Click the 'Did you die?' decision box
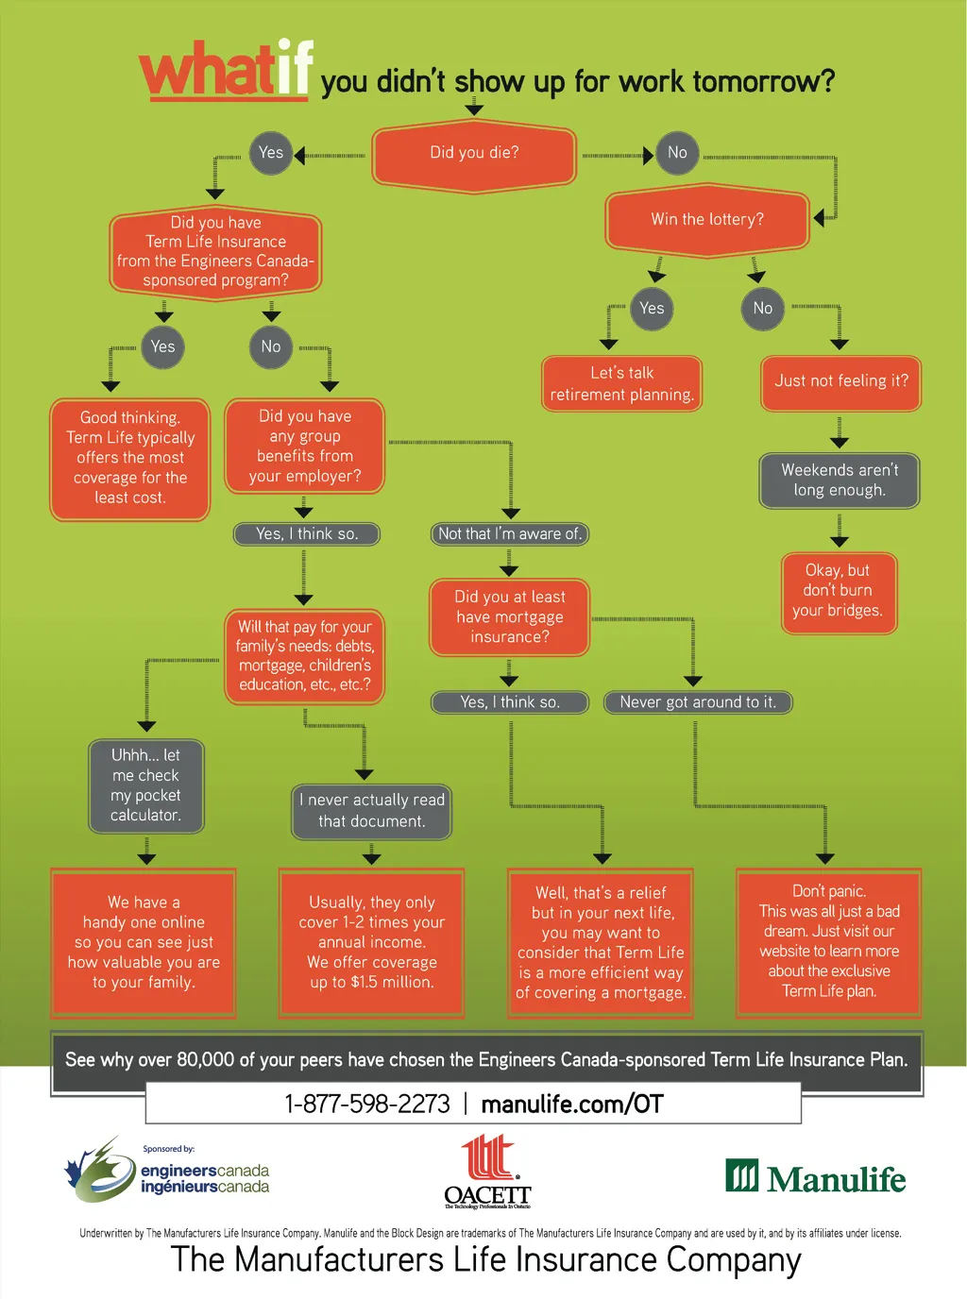474,154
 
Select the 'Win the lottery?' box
707,220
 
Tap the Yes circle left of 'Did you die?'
270,153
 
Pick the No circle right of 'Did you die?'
677,153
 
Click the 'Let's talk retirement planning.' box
621,384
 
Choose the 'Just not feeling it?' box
840,381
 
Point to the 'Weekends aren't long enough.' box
840,481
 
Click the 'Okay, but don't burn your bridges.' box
839,591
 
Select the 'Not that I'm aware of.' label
510,534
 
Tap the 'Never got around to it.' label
698,702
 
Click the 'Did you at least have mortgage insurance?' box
510,617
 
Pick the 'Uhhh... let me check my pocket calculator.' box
145,785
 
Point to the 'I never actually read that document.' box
371,811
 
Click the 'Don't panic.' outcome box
828,941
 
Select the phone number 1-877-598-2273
367,1104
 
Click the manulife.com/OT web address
572,1104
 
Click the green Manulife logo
815,1177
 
